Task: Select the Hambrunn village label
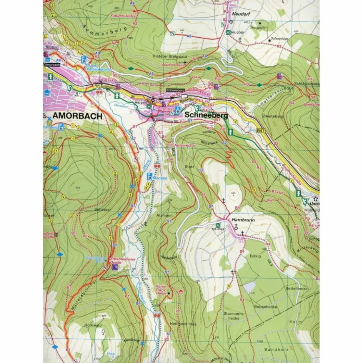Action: [x=241, y=220]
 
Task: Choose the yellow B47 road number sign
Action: [x=261, y=131]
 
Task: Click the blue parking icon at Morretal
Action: [x=149, y=176]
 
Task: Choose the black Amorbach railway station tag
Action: [x=53, y=65]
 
